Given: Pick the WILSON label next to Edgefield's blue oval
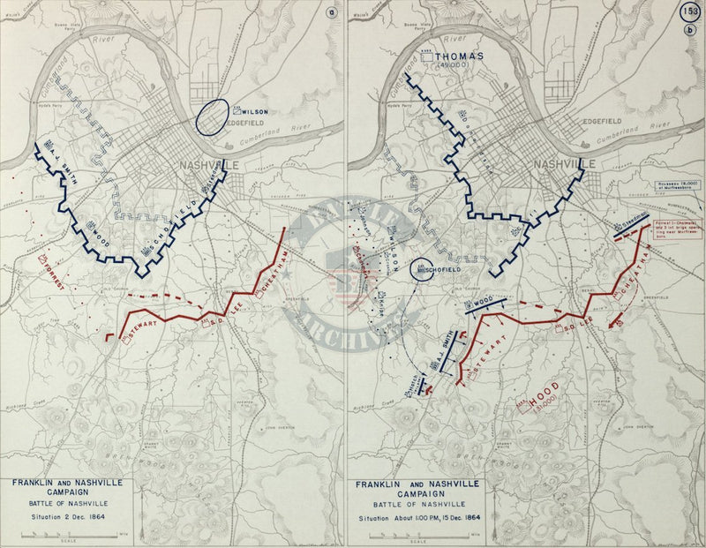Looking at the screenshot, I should coord(252,112).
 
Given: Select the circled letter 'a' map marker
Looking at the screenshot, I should coord(332,12).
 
